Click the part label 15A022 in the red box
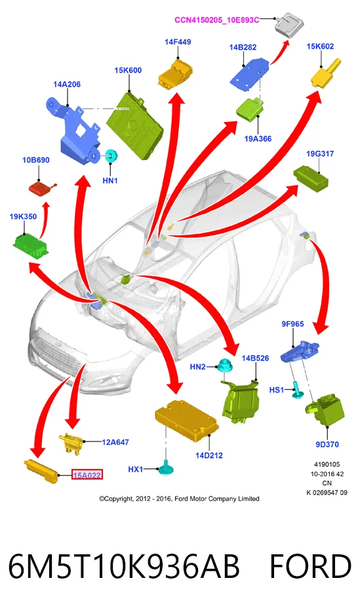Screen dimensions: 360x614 [x=87, y=475]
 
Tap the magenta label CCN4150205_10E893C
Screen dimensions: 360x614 [x=217, y=20]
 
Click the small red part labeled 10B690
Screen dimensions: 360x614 [x=42, y=189]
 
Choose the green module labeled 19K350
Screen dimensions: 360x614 [x=31, y=246]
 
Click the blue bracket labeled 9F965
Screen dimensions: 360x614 [x=300, y=351]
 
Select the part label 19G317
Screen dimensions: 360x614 [x=320, y=153]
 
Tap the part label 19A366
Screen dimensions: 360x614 [x=258, y=138]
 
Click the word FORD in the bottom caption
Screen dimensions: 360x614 [x=311, y=566]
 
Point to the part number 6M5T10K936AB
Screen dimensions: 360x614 [x=124, y=566]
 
